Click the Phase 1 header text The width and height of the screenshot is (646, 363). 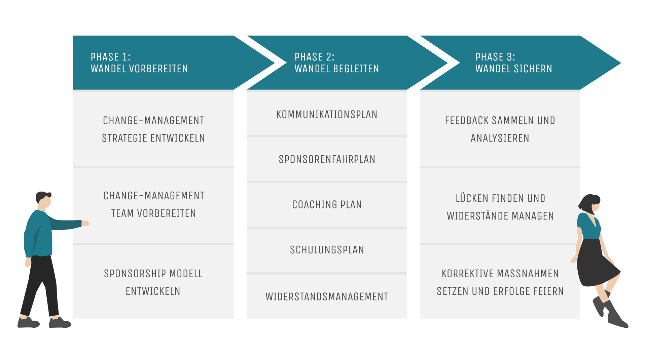pos(139,63)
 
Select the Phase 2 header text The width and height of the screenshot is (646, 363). pos(336,63)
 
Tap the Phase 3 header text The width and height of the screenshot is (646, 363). pos(513,63)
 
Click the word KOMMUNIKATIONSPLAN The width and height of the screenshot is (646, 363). pos(327,115)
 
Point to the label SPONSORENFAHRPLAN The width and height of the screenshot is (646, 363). pos(327,159)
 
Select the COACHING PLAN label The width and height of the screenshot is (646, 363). pos(327,205)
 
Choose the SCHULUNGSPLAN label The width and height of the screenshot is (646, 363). pos(327,250)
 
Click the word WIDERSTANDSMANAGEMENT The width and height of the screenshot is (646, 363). pos(327,297)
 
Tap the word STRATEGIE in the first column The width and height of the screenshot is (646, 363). pos(124,138)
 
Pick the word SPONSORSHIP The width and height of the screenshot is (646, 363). pos(135,274)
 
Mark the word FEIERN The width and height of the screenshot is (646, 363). pos(548,291)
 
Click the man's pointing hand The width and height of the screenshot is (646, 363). pos(85,224)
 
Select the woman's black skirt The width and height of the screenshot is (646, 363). pos(596,262)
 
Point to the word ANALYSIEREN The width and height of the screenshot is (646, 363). pos(500,138)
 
